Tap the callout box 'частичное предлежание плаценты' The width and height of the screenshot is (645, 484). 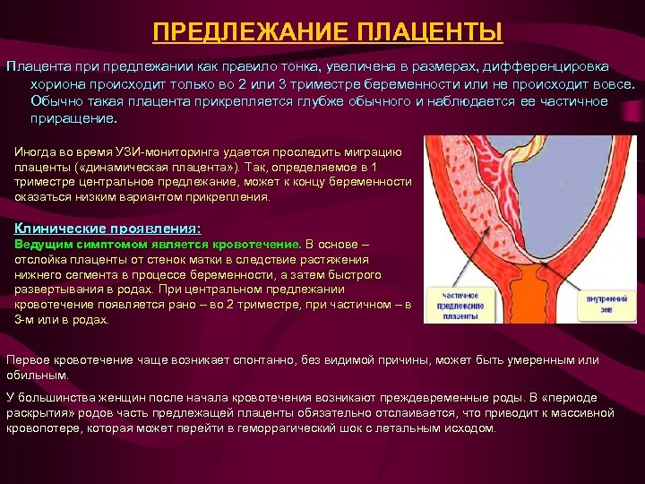coord(459,306)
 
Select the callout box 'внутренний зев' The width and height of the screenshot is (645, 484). coord(606,306)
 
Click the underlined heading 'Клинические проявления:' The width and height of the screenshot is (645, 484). coord(108,229)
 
